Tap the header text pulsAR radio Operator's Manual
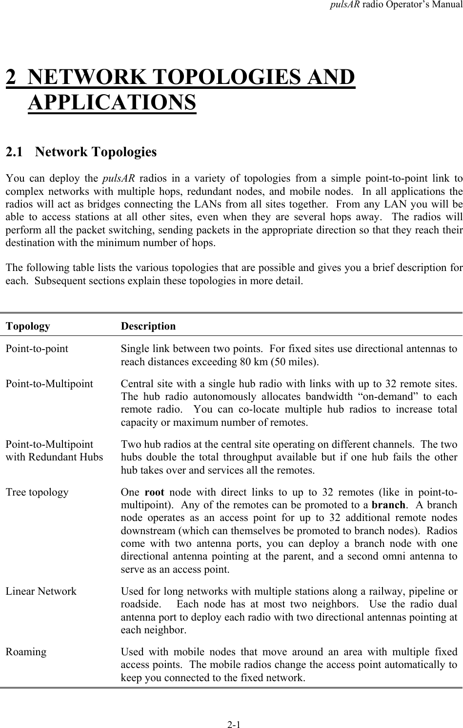[x=400, y=7]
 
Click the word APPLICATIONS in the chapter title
[x=112, y=103]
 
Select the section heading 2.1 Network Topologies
[x=81, y=152]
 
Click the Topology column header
[x=28, y=326]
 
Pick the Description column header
[x=148, y=326]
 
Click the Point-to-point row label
[x=37, y=349]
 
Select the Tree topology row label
[x=37, y=492]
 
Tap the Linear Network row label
[x=41, y=591]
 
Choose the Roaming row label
[x=26, y=652]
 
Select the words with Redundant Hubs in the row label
[x=54, y=458]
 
